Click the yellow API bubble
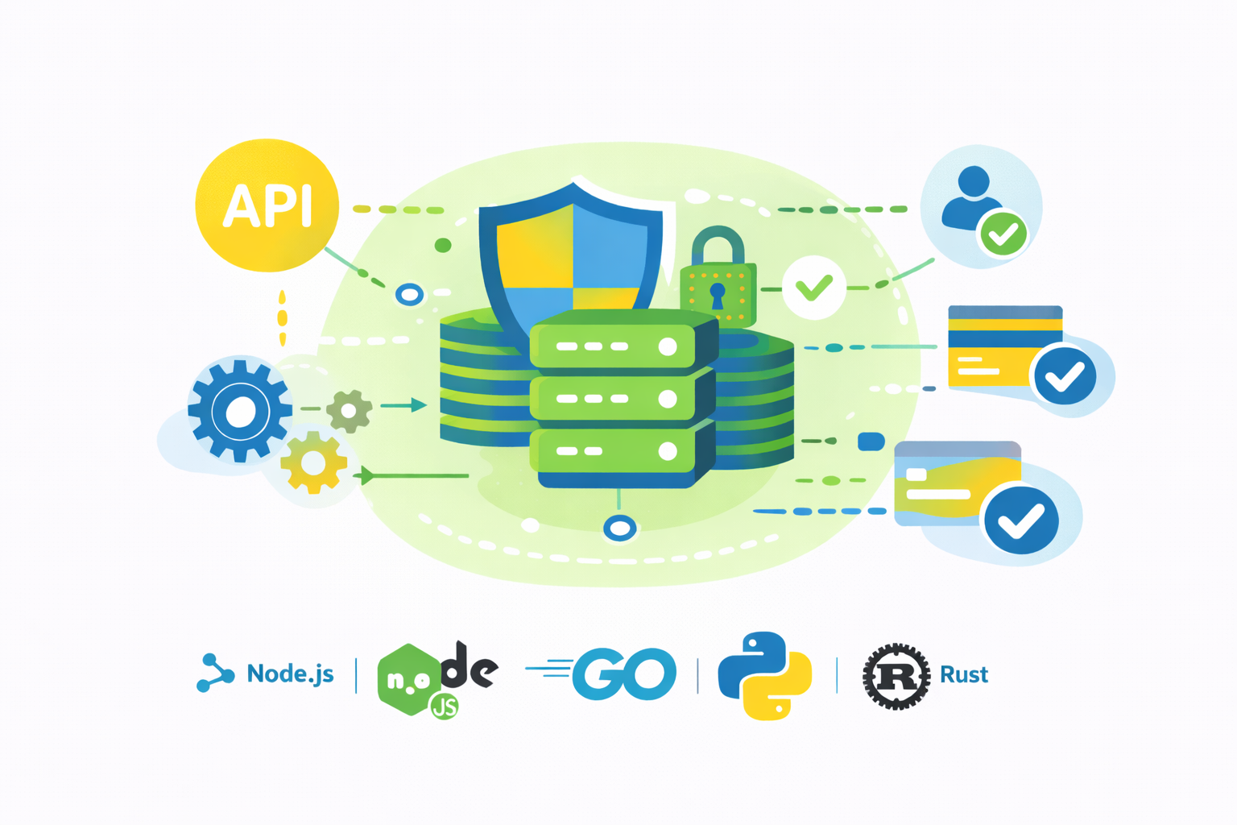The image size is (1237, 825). coord(267,205)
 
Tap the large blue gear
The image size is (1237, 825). coord(239,412)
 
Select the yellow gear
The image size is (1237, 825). coord(313,462)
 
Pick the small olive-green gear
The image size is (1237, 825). coord(349,411)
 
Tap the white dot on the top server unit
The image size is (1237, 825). coord(667,346)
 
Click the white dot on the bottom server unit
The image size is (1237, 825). coord(667,451)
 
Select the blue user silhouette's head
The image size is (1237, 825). coord(974,181)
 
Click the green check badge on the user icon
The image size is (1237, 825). coord(1003,234)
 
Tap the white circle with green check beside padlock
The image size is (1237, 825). coord(813,288)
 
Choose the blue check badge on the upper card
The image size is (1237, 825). coord(1065,375)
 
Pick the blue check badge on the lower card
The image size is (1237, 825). coord(1020,520)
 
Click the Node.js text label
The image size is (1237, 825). coord(290,674)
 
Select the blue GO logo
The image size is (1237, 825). coord(624,674)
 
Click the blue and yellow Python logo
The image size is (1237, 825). coord(764,675)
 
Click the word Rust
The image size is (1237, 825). coord(964,674)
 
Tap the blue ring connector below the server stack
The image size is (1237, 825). coord(619,529)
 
